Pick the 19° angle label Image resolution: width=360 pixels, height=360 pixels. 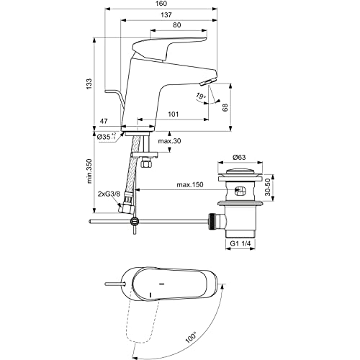(x=200, y=96)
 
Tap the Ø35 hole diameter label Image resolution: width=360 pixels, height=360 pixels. (x=107, y=136)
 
